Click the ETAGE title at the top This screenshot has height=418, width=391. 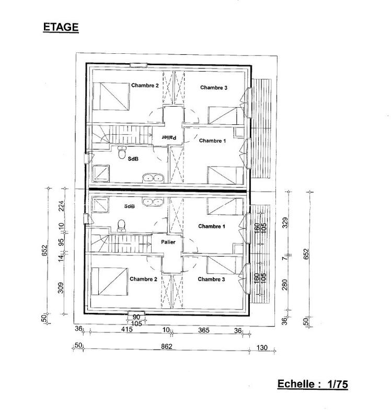click(60, 27)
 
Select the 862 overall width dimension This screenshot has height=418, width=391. click(166, 346)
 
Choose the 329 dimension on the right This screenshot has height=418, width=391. click(285, 223)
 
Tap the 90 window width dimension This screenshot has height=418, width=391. click(135, 317)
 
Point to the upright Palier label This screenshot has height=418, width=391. click(168, 242)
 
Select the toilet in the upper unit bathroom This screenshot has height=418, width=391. click(122, 155)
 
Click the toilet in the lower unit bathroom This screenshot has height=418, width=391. click(122, 225)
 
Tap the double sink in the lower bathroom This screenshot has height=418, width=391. click(154, 201)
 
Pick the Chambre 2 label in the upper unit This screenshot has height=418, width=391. click(145, 85)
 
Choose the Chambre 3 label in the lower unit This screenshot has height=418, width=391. click(212, 280)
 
